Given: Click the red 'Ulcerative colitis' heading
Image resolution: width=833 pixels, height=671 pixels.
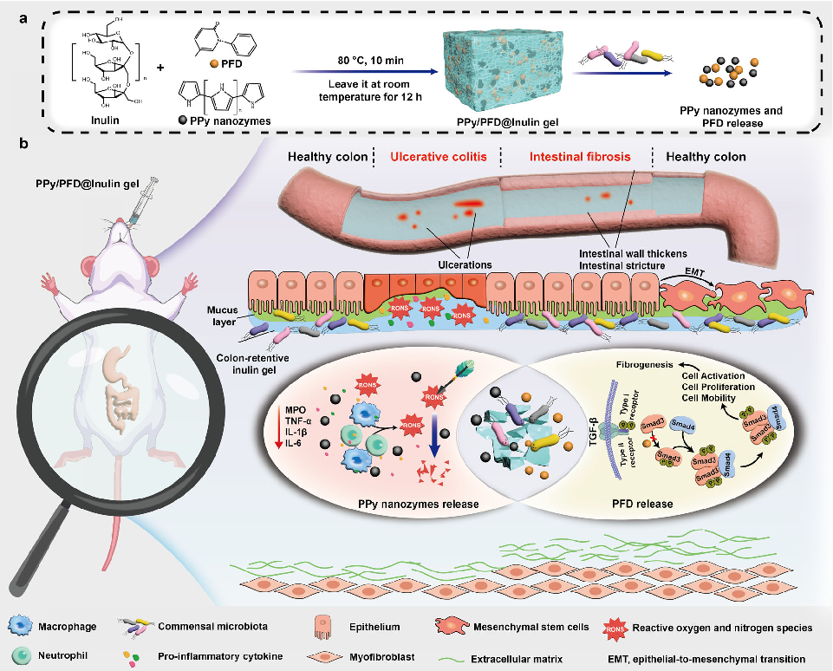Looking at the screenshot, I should [x=439, y=157].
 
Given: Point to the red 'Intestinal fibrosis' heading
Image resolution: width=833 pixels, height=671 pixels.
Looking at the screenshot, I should [x=580, y=157].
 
